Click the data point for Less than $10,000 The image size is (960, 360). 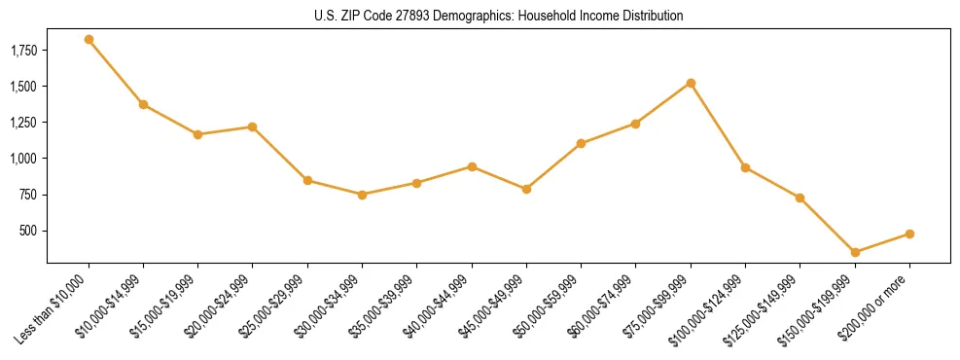tap(89, 39)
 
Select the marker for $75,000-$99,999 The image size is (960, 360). tap(691, 83)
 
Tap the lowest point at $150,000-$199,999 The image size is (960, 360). tap(855, 252)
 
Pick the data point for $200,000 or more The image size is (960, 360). tap(909, 234)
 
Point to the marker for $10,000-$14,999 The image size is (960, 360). tap(143, 104)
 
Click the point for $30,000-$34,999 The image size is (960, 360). tap(362, 195)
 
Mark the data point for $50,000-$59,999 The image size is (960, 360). tap(581, 143)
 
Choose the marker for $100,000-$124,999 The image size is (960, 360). tap(745, 167)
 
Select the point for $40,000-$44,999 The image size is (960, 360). tap(472, 166)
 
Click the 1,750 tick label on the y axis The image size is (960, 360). tap(23, 50)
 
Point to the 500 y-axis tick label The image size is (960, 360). tap(29, 231)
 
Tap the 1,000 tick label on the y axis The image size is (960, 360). tap(23, 159)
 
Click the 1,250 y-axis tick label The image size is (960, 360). tap(23, 123)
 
